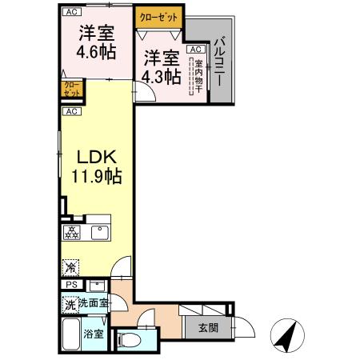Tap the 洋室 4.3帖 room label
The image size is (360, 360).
[x=160, y=66]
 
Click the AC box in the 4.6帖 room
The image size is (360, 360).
[x=72, y=12]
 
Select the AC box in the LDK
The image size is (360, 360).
[x=72, y=111]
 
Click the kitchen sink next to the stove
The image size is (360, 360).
[x=99, y=234]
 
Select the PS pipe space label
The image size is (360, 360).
[x=70, y=286]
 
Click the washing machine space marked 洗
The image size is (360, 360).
[x=70, y=304]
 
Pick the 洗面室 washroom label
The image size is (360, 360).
[x=94, y=304]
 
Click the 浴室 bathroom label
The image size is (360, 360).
[x=94, y=334]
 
